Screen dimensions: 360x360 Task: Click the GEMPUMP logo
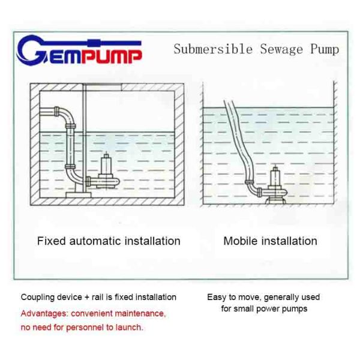79,52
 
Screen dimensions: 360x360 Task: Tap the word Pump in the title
323,49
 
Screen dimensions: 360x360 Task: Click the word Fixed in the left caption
52,241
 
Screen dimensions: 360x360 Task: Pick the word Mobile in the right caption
240,241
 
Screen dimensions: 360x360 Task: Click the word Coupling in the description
38,297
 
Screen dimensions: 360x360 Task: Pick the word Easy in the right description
217,297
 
